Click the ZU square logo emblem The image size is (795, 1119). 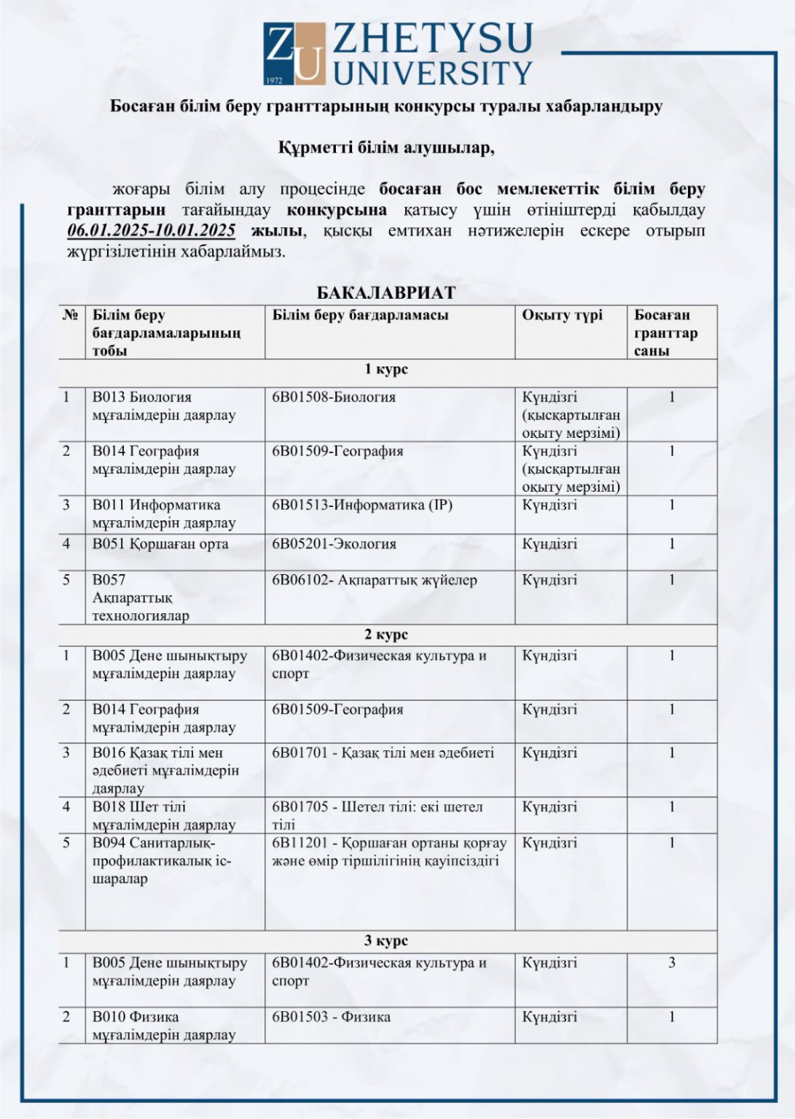point(294,53)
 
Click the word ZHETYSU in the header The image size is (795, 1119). point(433,39)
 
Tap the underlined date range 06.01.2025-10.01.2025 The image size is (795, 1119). point(152,231)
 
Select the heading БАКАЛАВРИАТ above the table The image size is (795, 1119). point(385,293)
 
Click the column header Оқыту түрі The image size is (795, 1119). point(562,315)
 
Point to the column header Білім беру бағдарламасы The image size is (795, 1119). point(360,315)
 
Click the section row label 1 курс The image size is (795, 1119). point(386,369)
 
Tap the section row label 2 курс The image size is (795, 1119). point(386,635)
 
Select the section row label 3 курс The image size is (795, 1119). point(386,941)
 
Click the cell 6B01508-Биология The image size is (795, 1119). point(334,398)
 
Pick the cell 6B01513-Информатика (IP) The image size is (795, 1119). point(362,505)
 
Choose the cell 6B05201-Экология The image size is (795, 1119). point(334,544)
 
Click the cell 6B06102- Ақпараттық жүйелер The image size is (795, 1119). point(375,581)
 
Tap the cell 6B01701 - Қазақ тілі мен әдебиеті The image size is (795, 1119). point(383,753)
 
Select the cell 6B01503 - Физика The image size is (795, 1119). point(331,1016)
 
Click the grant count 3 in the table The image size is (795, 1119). point(672,963)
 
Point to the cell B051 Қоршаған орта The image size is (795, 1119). point(160,544)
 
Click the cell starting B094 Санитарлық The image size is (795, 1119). point(161,860)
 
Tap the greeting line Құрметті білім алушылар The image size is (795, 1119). point(386,148)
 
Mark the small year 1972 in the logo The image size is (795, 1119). point(274,79)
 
